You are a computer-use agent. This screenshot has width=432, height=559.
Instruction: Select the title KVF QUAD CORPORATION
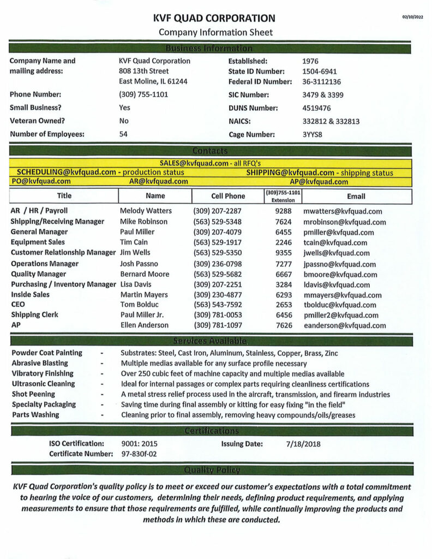215,19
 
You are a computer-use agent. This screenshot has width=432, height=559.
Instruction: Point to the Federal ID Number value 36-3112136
321,82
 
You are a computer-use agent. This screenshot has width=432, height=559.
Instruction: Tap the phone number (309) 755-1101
143,94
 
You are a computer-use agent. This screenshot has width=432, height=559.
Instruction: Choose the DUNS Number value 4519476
317,108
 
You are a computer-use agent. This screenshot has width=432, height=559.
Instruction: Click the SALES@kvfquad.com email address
194,163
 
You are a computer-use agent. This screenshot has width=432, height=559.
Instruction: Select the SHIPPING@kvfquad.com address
290,173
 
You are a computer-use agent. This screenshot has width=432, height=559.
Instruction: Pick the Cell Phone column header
228,196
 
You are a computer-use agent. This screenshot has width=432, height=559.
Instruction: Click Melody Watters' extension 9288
284,211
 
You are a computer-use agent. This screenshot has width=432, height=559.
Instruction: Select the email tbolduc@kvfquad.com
340,305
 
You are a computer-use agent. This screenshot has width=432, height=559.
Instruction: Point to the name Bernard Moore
145,274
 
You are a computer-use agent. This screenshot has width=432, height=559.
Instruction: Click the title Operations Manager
45,264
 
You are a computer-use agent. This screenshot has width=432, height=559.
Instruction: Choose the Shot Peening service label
33,394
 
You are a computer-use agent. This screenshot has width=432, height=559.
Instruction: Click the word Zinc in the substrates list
331,353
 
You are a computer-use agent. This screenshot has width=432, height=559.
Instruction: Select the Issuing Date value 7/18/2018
303,444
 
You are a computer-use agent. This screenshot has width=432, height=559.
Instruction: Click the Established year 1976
310,61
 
